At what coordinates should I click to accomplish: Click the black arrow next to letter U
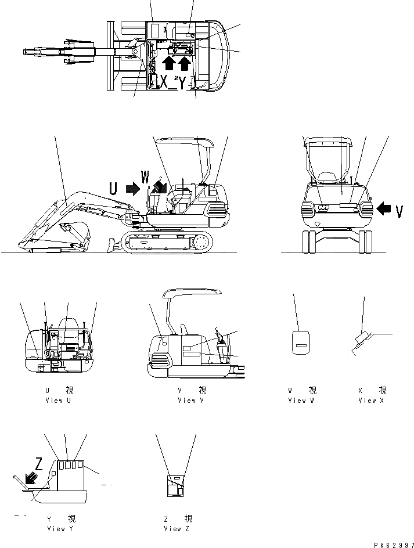point(132,187)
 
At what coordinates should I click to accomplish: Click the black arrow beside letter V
point(384,208)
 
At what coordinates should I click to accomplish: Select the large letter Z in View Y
point(38,463)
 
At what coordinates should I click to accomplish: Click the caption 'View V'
point(192,401)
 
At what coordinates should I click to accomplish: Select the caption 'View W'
point(302,401)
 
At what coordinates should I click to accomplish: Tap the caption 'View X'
point(372,401)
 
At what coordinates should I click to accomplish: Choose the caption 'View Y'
point(60,529)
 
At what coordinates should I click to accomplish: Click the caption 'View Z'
point(177,529)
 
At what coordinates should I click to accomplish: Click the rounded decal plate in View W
point(300,342)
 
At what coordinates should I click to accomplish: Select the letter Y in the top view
point(182,83)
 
